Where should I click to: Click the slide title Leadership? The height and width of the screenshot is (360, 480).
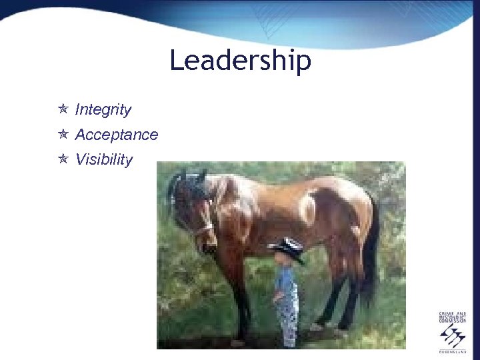tap(240, 61)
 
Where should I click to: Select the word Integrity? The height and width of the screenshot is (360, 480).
tap(103, 109)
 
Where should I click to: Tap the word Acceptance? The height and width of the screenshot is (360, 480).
tap(117, 135)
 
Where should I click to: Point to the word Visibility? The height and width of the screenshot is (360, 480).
tap(104, 160)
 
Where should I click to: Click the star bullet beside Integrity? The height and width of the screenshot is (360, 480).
tap(63, 109)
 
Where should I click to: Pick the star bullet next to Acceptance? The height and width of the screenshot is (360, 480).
tap(63, 134)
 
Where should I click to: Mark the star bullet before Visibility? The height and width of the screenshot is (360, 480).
tap(63, 159)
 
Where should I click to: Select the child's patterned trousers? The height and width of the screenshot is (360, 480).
tap(288, 320)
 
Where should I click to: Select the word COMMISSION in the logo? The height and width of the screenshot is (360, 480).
tap(453, 322)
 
